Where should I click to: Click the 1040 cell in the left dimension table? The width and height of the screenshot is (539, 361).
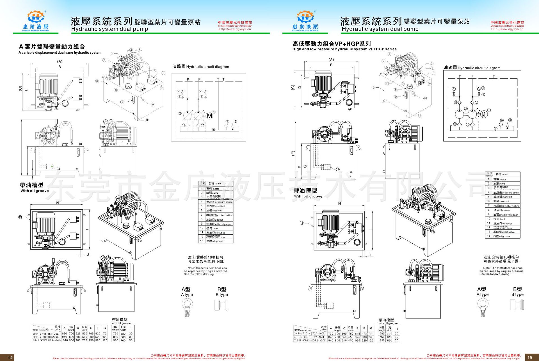(x=64, y=340)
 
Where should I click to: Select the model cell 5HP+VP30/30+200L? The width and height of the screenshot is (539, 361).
(x=46, y=337)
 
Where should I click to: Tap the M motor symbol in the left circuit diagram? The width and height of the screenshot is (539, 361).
(x=209, y=116)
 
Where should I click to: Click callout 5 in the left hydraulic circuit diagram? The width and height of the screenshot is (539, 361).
(x=214, y=130)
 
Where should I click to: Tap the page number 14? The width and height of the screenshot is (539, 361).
(x=10, y=357)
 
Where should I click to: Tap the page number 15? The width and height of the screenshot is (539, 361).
(x=529, y=357)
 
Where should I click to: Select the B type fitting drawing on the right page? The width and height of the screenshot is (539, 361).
(x=517, y=305)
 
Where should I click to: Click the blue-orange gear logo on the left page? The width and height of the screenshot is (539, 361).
(x=36, y=17)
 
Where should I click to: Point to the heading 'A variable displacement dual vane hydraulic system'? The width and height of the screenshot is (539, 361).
(x=60, y=52)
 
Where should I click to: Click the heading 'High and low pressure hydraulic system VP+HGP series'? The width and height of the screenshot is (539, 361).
(x=344, y=49)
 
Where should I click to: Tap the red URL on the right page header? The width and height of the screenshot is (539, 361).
(x=507, y=29)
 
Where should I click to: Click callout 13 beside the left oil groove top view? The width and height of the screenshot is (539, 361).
(x=20, y=217)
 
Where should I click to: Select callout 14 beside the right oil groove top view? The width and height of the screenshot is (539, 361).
(x=302, y=223)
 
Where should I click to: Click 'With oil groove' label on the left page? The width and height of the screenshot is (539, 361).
(x=35, y=191)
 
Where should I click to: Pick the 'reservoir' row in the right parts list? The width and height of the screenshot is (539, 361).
(x=503, y=201)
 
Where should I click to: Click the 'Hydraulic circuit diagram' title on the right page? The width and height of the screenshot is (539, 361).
(x=479, y=68)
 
